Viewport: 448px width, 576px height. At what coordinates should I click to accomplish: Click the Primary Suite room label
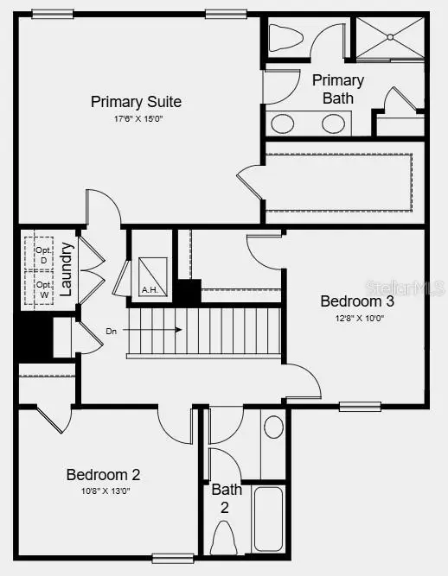click(x=136, y=102)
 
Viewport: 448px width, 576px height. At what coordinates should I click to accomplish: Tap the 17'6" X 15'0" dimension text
click(x=136, y=119)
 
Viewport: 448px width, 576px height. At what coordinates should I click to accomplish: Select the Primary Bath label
click(x=338, y=88)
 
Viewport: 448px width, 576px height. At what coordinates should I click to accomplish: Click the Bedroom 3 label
click(x=357, y=301)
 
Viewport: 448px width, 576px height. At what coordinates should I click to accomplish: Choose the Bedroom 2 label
click(x=103, y=474)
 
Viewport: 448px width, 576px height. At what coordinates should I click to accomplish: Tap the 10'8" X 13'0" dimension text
click(x=103, y=491)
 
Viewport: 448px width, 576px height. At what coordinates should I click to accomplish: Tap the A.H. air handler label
click(x=149, y=289)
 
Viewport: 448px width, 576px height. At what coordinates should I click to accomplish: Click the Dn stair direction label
click(x=112, y=331)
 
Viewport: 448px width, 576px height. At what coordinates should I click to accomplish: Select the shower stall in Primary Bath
click(x=390, y=37)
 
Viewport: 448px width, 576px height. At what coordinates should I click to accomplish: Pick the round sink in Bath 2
click(x=273, y=427)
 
